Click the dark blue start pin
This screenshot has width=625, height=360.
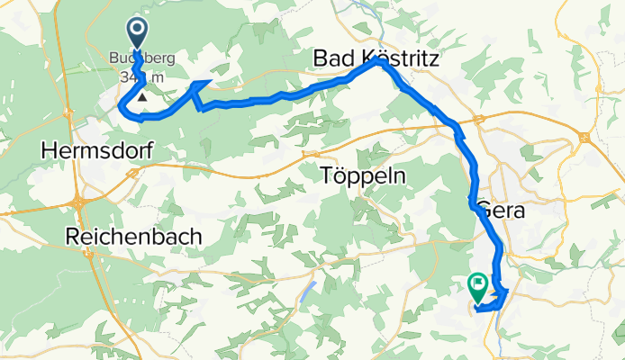(138, 33)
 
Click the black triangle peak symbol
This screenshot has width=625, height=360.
(141, 94)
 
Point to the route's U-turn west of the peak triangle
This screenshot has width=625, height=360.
(122, 108)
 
